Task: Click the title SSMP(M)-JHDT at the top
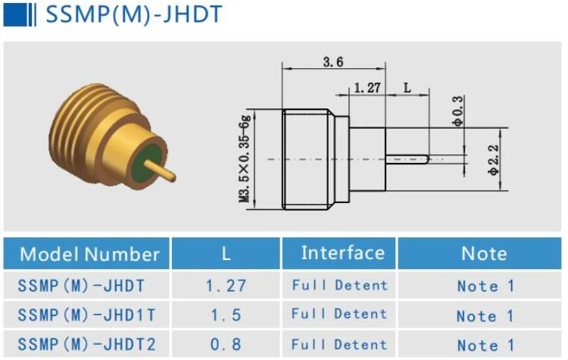pos(134,15)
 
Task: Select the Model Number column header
pos(89,254)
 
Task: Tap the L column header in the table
pos(226,254)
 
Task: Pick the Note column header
pos(484,254)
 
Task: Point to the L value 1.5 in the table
pos(226,314)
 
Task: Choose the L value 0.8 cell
pos(226,344)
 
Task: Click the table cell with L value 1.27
pos(226,286)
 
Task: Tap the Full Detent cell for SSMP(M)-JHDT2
pos(339,344)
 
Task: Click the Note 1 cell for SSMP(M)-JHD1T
pos(485,315)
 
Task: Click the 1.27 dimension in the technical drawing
pos(367,88)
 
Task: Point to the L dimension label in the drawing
pos(407,88)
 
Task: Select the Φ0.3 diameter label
pos(457,110)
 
